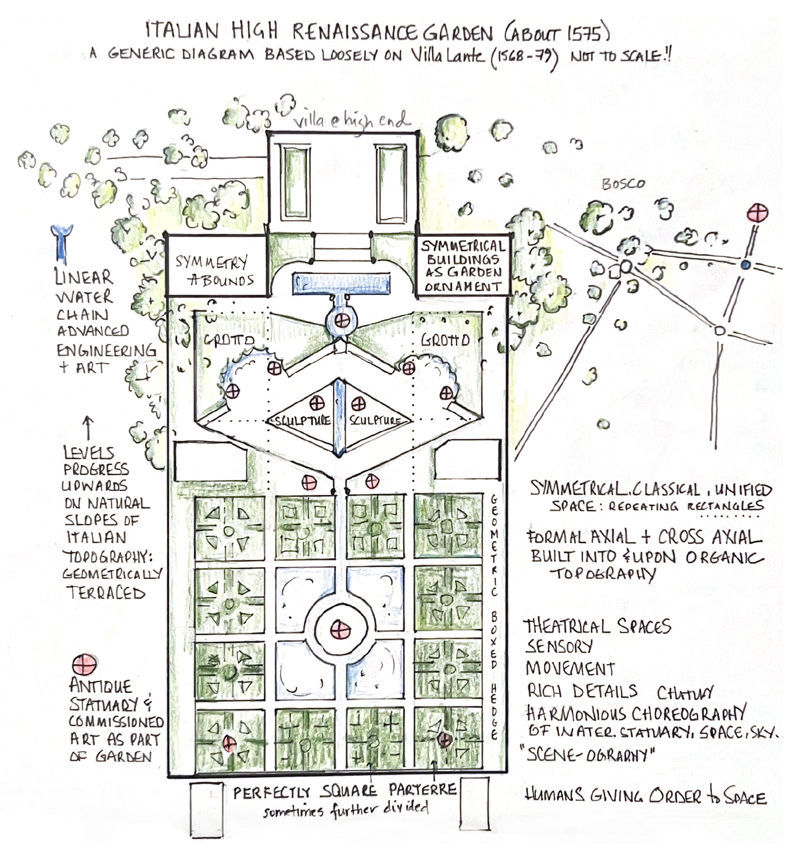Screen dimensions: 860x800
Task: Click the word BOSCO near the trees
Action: point(623,184)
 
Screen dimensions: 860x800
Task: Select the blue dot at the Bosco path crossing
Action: point(746,265)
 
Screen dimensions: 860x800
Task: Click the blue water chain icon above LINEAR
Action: point(61,242)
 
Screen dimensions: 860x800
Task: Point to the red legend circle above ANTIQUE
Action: point(84,664)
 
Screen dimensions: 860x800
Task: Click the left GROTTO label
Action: point(229,340)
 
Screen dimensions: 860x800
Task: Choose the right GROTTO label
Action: point(445,340)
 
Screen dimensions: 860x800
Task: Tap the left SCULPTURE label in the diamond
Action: point(303,420)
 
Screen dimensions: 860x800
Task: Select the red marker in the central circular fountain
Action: point(341,629)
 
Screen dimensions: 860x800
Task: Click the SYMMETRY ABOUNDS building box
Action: point(216,270)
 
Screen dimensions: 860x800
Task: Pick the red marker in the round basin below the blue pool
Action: point(342,320)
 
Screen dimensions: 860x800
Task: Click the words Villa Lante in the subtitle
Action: point(447,56)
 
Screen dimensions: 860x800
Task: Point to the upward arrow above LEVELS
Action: point(88,428)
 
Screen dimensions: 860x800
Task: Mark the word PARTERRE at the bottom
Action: point(422,790)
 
